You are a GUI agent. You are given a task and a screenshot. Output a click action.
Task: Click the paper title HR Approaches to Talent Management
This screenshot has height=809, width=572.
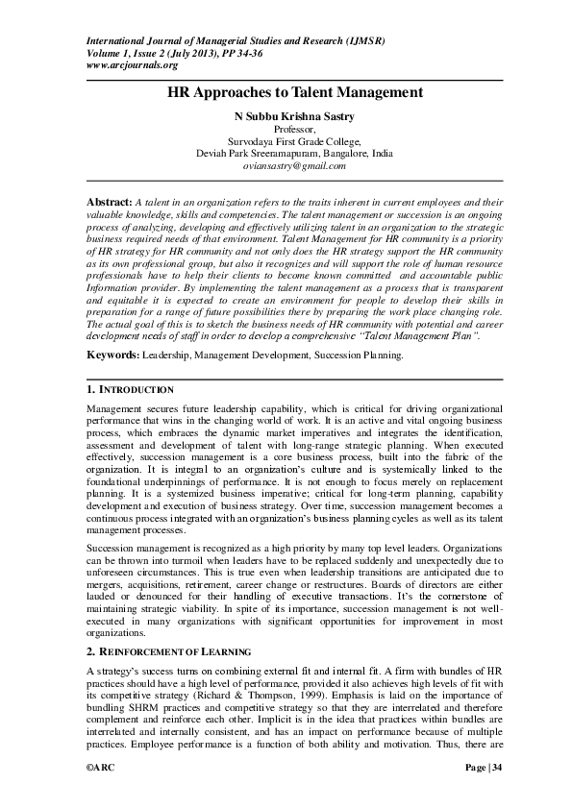pyautogui.click(x=294, y=92)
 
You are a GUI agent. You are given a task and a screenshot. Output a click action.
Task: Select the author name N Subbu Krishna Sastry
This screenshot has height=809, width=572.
pyautogui.click(x=294, y=114)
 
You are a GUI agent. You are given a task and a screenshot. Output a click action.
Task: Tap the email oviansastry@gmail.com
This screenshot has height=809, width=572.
pyautogui.click(x=294, y=165)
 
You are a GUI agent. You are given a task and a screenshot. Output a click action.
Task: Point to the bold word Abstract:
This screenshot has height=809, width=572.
pyautogui.click(x=107, y=204)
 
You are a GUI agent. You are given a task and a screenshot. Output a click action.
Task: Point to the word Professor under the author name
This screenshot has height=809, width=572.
pyautogui.click(x=294, y=128)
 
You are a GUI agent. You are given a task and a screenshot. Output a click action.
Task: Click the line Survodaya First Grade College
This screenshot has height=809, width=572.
pyautogui.click(x=294, y=140)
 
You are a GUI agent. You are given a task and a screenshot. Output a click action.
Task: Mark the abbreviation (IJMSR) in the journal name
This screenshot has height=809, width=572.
pyautogui.click(x=349, y=42)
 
